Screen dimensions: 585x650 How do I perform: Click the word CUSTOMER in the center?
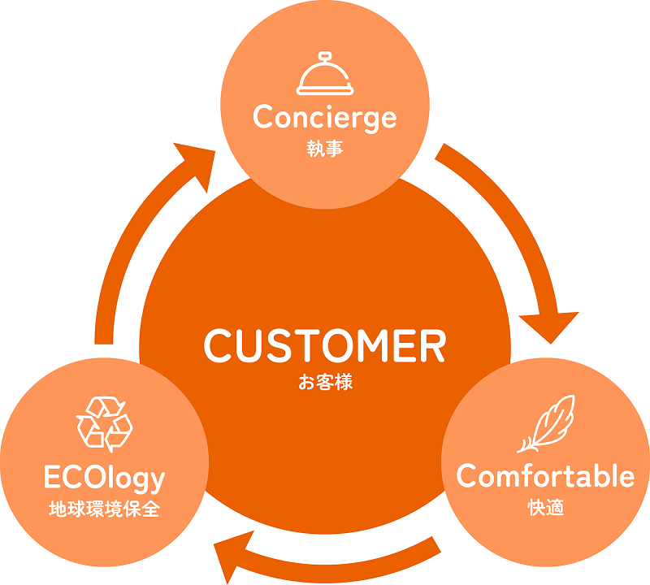(x=325, y=346)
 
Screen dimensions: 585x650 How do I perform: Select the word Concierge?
(x=325, y=118)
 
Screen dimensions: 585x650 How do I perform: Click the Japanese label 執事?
(x=325, y=149)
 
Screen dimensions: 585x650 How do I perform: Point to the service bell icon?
(x=324, y=76)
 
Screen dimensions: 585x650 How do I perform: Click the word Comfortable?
(x=545, y=476)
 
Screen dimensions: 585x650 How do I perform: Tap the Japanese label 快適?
(x=545, y=509)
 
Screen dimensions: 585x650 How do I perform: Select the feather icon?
(x=546, y=423)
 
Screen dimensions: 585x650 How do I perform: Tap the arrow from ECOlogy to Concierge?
(x=130, y=244)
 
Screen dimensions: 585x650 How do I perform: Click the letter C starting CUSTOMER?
(x=218, y=346)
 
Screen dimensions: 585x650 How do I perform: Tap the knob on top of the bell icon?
(x=324, y=57)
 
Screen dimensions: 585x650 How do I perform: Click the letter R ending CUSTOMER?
(x=431, y=346)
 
